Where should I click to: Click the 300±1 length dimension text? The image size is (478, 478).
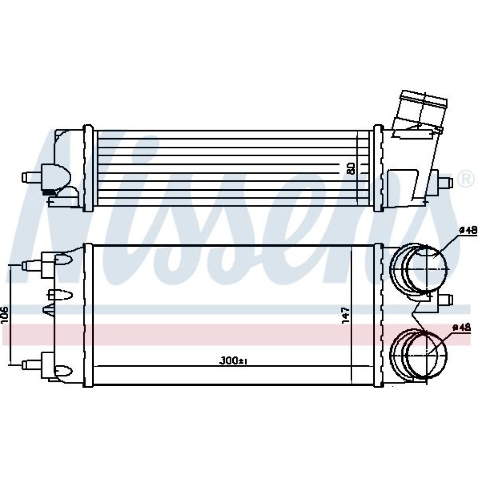pyautogui.click(x=233, y=361)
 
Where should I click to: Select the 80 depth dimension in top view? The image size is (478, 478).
pyautogui.click(x=351, y=168)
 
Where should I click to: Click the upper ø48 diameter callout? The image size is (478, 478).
pyautogui.click(x=467, y=231)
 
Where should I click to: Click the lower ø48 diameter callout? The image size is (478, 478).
pyautogui.click(x=462, y=327)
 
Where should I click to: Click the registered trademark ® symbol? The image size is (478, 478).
pyautogui.click(x=467, y=179)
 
